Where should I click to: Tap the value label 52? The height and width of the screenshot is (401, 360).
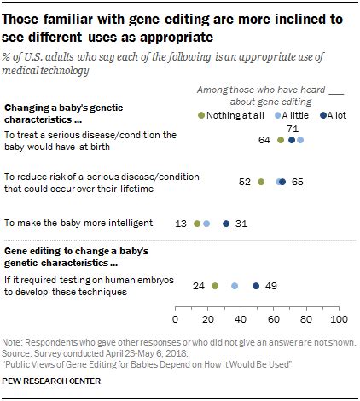click(245, 181)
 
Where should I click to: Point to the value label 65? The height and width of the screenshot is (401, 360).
click(297, 181)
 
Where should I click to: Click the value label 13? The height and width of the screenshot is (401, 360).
click(182, 224)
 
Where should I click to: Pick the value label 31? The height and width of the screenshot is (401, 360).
click(241, 224)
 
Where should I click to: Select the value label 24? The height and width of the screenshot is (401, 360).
click(200, 287)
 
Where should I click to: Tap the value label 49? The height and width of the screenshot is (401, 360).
click(270, 287)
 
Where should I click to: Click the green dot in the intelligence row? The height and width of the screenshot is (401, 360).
click(197, 224)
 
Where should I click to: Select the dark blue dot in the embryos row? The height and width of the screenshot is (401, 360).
click(255, 287)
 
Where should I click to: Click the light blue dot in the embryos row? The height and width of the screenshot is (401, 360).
click(235, 287)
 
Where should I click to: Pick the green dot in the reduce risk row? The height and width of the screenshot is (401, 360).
click(260, 181)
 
